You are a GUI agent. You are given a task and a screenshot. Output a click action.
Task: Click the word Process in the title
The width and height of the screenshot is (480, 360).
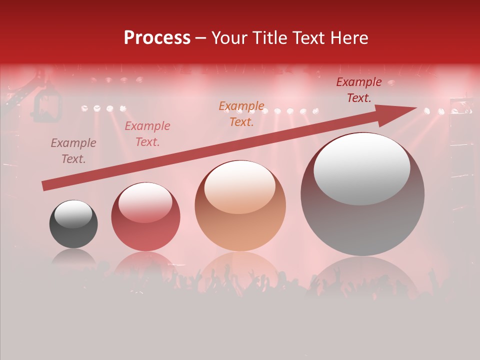coord(157,38)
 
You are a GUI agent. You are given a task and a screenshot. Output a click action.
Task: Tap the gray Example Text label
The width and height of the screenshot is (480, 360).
coord(73,151)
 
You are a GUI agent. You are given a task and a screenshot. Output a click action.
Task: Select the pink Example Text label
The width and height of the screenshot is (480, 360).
coord(147,134)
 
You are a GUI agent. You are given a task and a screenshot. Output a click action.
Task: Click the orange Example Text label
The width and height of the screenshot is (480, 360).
coord(241,114)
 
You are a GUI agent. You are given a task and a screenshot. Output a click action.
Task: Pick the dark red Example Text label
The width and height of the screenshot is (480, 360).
coord(359,90)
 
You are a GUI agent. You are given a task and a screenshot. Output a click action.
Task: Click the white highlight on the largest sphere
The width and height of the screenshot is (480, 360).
coord(362,169)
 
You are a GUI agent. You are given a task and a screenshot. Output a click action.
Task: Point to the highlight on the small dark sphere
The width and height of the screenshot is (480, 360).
coord(73,214)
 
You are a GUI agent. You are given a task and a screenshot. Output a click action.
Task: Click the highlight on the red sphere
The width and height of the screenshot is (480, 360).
coord(145,202)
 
